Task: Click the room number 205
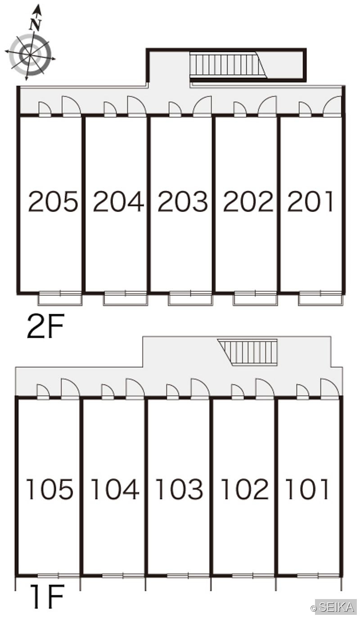pos(53,202)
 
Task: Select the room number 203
pos(183,202)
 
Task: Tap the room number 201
pos(310,202)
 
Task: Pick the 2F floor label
pos(45,326)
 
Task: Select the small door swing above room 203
pos(175,108)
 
